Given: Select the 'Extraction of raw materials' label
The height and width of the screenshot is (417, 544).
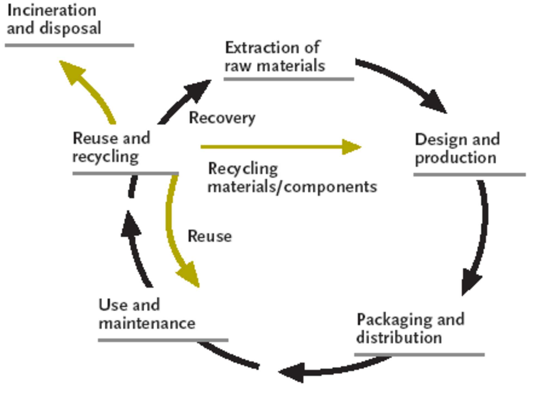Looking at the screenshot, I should (x=275, y=57).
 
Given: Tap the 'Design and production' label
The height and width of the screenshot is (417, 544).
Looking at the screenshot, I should (x=457, y=148).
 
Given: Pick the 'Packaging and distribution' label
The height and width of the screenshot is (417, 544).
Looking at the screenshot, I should (x=410, y=328).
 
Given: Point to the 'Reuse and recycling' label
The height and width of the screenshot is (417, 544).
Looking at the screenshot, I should (x=111, y=147).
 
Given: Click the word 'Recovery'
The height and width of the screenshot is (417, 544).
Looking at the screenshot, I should (x=222, y=118).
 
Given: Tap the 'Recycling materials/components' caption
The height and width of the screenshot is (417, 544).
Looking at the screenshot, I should (x=292, y=177).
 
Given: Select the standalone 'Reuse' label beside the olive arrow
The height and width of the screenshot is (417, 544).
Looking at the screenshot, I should (x=210, y=236).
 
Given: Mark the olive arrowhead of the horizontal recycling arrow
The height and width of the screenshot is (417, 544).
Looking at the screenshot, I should (x=351, y=147).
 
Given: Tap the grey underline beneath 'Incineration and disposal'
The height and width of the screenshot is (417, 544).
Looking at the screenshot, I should (x=69, y=45).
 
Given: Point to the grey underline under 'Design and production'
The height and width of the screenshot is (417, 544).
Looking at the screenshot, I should (x=469, y=174).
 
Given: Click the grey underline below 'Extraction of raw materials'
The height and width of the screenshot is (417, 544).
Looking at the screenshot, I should (x=289, y=79).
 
